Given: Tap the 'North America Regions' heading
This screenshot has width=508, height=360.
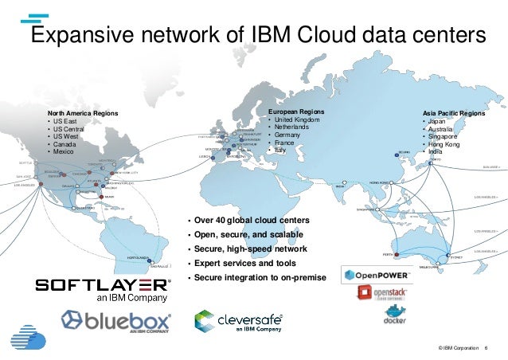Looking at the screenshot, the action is pyautogui.click(x=82, y=114).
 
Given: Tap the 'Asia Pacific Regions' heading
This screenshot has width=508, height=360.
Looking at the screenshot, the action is pyautogui.click(x=453, y=115).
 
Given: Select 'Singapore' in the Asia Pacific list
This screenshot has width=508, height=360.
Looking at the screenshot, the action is pyautogui.click(x=447, y=136).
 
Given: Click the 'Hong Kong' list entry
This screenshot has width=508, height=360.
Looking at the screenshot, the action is pyautogui.click(x=448, y=143).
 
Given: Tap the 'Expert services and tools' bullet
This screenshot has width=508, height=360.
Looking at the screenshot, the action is pyautogui.click(x=240, y=262).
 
